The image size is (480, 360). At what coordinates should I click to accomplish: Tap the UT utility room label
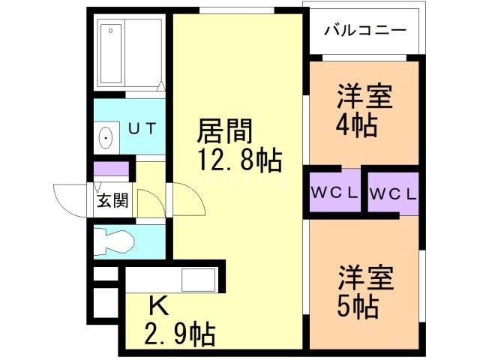tap(142, 127)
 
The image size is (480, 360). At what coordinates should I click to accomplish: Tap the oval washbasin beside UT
tap(106, 138)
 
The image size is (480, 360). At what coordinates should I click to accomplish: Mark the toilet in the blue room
tap(114, 242)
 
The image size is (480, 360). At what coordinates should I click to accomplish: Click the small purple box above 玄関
tap(111, 169)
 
